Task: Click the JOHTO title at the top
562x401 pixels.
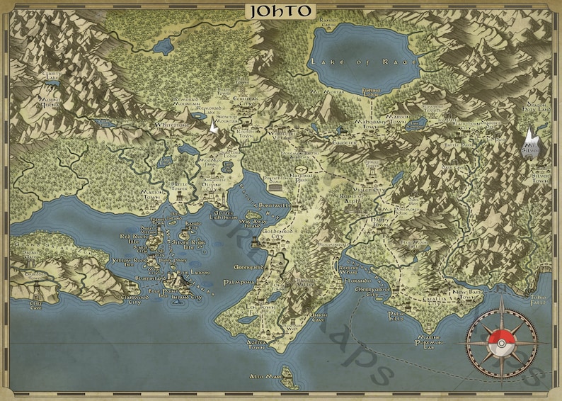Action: click(x=281, y=11)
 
